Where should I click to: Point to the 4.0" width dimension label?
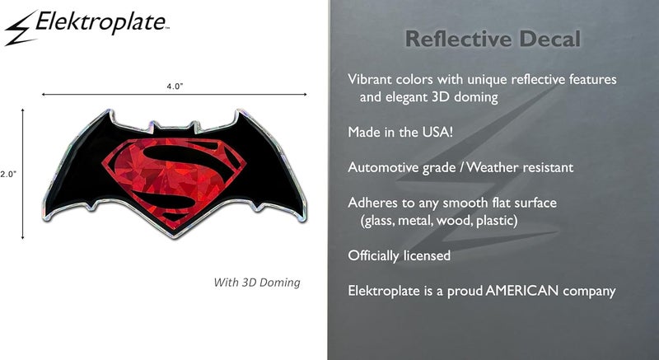172,85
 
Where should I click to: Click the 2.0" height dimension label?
8,174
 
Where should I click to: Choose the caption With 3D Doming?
257,283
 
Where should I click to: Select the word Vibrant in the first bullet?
372,79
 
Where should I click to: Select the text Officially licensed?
400,255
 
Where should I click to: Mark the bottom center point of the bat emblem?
174,238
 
